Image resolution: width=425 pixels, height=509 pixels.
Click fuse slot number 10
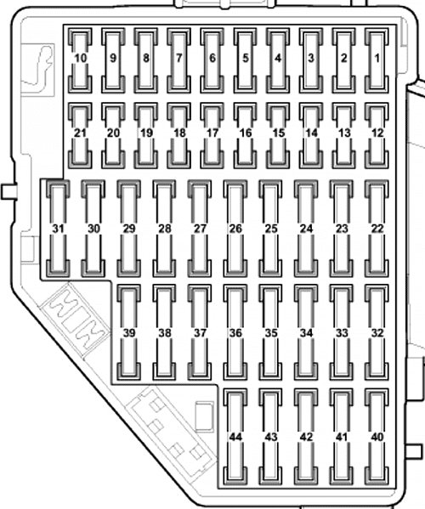coord(80,60)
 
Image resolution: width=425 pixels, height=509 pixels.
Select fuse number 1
coord(377,60)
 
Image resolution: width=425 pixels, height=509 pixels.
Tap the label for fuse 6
coord(212,58)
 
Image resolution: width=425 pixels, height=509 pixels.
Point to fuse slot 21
coord(80,135)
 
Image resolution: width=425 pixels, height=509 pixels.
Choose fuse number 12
coord(377,135)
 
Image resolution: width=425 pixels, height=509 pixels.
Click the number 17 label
coord(212,133)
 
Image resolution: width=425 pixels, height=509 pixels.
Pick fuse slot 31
coord(58,229)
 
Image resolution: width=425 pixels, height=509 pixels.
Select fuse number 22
coord(377,229)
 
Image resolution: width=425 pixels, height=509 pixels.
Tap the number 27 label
coord(200,229)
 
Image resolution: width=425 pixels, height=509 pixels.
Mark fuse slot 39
coord(129,332)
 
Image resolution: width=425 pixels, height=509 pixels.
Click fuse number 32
coord(377,332)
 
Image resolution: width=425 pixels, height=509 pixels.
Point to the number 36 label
coord(235,333)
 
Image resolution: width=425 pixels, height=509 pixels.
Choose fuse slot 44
coord(235,437)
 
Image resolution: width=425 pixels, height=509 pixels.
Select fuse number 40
coord(377,437)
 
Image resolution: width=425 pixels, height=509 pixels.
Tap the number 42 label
coord(306,438)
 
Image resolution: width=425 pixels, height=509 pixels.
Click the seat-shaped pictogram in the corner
coord(37,69)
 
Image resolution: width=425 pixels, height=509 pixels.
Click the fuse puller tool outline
coord(75,320)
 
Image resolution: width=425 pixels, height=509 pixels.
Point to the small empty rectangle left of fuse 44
coord(205,416)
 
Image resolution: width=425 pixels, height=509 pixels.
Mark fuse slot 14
coord(311,135)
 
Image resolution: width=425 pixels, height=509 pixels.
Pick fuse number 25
coord(271,229)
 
